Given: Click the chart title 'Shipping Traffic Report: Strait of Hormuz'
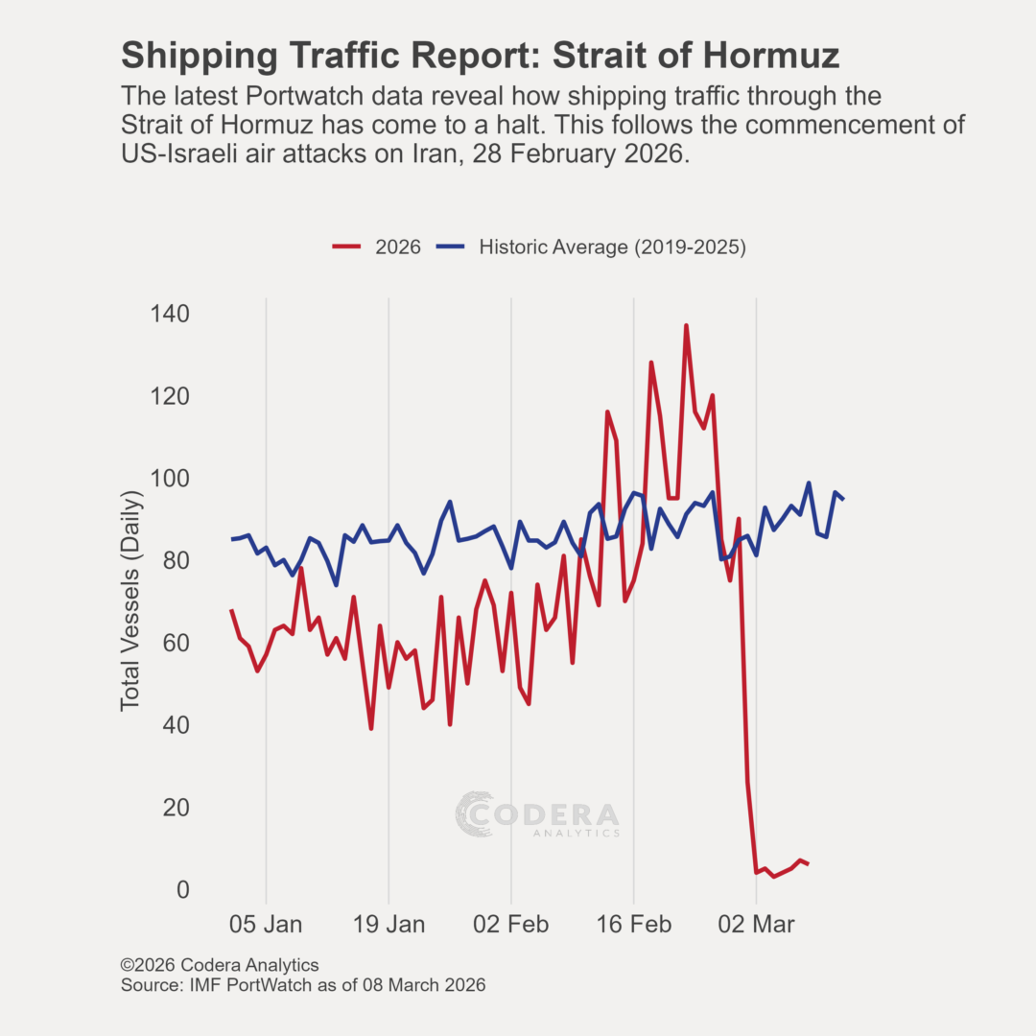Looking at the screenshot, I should tap(480, 56).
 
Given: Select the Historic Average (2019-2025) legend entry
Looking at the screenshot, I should tap(591, 247).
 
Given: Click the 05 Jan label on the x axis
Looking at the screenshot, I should tap(266, 926).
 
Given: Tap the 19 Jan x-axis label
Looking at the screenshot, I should tap(388, 926).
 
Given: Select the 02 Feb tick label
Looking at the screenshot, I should tap(511, 926).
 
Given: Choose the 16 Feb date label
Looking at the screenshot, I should tap(634, 926).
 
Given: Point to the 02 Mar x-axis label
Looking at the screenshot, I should tap(757, 926).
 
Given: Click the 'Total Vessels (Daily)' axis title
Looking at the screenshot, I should tap(131, 600).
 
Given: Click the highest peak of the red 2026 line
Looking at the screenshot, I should tap(686, 326).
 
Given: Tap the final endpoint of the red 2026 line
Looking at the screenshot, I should tap(809, 864).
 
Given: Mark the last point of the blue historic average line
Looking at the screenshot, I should tap(843, 499).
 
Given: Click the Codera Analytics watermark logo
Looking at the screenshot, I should tap(537, 815).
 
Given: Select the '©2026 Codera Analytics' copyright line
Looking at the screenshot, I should tap(220, 965).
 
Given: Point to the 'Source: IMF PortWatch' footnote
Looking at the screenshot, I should tap(303, 985).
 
